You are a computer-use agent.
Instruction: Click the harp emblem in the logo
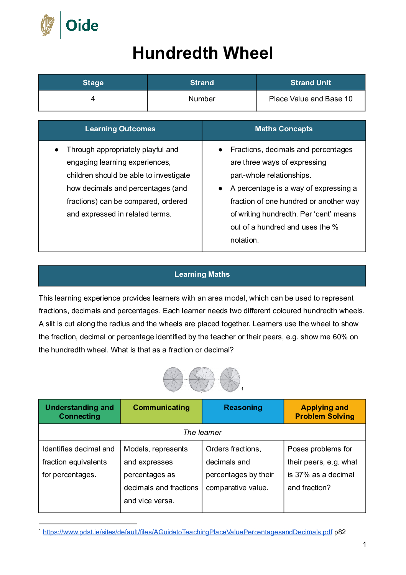pos(48,25)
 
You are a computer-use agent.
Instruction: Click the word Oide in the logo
pos(82,26)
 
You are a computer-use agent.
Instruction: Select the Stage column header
pos(93,83)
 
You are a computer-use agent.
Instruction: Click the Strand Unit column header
pos(311,83)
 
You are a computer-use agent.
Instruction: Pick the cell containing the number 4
pos(93,99)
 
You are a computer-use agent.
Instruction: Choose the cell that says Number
pos(202,99)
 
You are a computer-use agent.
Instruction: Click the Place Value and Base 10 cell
pos(311,99)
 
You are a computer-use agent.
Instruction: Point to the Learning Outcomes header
pos(120,129)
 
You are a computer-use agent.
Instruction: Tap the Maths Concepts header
pos(284,129)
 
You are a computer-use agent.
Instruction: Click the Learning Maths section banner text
pos(202,274)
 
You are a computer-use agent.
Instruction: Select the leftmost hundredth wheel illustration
pos(173,379)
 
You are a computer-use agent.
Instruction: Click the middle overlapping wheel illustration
pos(202,379)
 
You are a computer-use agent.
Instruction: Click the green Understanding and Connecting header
pos(79,412)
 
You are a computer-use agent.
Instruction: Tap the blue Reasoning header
pos(243,408)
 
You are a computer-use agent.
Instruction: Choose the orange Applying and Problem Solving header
pos(325,412)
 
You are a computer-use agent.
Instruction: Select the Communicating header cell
pos(161,408)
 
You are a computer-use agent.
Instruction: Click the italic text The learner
pos(202,433)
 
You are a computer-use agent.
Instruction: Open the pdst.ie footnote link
pos(187,532)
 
